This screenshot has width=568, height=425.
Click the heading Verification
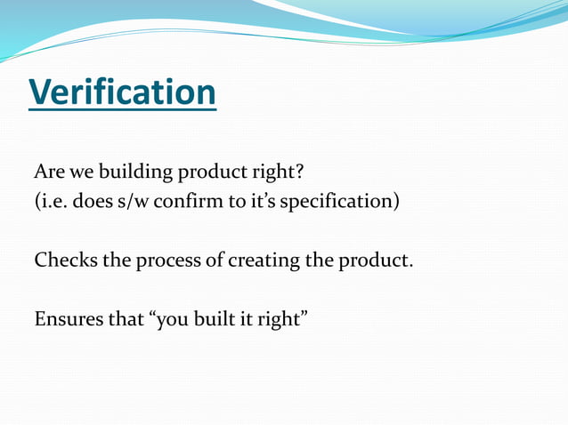click(122, 92)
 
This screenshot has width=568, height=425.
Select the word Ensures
click(68, 319)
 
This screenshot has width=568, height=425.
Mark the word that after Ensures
click(125, 319)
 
